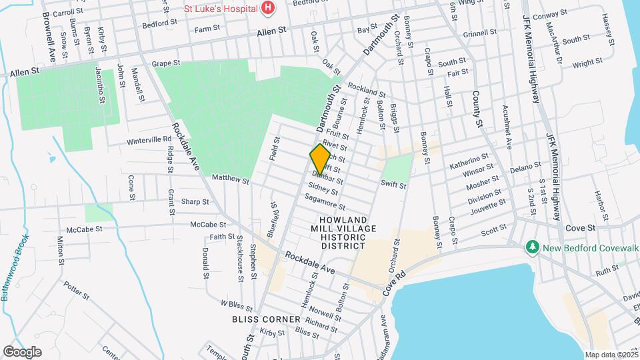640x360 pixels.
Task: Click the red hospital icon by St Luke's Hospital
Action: (x=268, y=7)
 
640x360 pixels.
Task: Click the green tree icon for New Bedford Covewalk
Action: (x=532, y=247)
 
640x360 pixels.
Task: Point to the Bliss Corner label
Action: (x=266, y=319)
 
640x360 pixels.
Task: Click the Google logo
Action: (x=22, y=351)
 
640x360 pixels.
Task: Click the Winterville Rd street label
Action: (x=149, y=141)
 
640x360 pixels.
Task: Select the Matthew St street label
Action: (x=230, y=180)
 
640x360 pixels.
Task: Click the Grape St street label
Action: (x=166, y=63)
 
